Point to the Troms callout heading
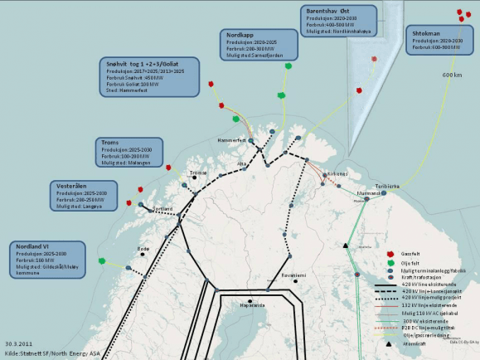point(110,142)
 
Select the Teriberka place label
point(387,187)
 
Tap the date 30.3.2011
point(18,343)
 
